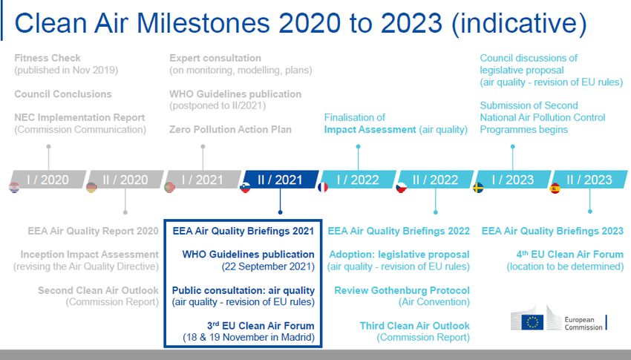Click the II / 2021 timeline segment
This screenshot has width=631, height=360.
pyautogui.click(x=281, y=180)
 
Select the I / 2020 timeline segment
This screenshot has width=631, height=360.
pyautogui.click(x=48, y=180)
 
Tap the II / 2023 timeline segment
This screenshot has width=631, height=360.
pyautogui.click(x=589, y=180)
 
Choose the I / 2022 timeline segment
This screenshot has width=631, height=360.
pyautogui.click(x=358, y=180)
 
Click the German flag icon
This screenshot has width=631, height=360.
pyautogui.click(x=91, y=188)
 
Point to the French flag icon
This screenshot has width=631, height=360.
pyautogui.click(x=323, y=188)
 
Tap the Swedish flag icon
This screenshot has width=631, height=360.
pyautogui.click(x=478, y=188)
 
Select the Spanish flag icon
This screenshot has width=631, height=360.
pyautogui.click(x=555, y=188)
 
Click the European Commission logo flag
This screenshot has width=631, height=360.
pyautogui.click(x=532, y=322)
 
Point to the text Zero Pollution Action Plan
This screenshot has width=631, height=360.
pyautogui.click(x=230, y=129)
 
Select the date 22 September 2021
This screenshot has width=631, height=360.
pyautogui.click(x=268, y=266)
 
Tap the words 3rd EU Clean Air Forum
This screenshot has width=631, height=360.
pyautogui.click(x=261, y=325)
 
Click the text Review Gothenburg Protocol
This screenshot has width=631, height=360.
pyautogui.click(x=402, y=290)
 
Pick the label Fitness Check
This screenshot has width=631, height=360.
pyautogui.click(x=48, y=58)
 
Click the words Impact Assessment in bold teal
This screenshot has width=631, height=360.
pyautogui.click(x=370, y=129)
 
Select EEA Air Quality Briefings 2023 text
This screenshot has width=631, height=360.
pyautogui.click(x=552, y=231)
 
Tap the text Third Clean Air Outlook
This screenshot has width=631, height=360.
pyautogui.click(x=415, y=325)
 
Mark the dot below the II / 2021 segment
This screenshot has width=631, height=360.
pyautogui.click(x=280, y=212)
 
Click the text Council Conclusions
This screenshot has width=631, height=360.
pyautogui.click(x=63, y=94)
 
